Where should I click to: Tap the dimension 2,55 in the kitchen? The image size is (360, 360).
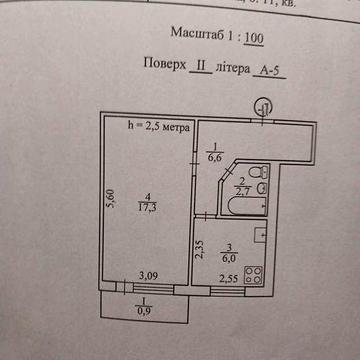(x=229, y=279)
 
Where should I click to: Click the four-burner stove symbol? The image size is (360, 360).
(x=254, y=273)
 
